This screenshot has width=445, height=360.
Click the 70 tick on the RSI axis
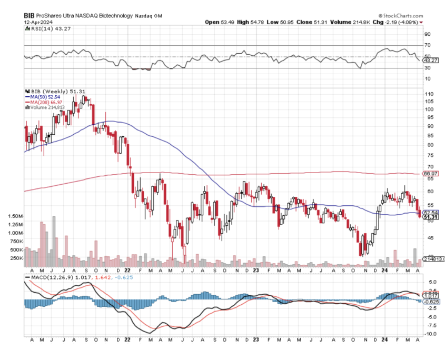[x=428, y=46]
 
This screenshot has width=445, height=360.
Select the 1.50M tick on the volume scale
[x=15, y=216]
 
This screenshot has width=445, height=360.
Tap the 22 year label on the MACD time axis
[x=128, y=341]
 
